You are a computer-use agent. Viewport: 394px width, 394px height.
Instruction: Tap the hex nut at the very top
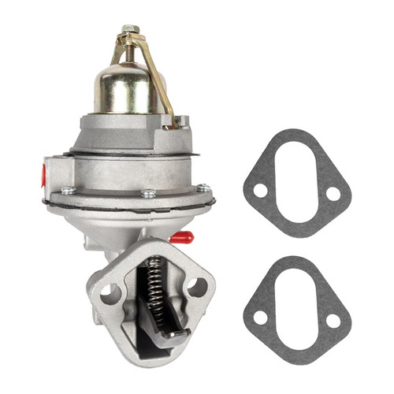point(128,28)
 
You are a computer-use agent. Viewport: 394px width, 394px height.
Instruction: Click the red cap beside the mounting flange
point(181,236)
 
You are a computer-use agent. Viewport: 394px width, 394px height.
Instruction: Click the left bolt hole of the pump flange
point(110,294)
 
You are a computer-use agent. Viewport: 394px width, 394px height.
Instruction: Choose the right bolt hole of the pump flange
point(196,286)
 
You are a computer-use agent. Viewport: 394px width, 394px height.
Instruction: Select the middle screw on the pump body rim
point(149,193)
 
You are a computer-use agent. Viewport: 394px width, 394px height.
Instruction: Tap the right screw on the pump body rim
point(203,188)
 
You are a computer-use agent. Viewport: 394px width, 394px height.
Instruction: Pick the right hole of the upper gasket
point(333,193)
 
